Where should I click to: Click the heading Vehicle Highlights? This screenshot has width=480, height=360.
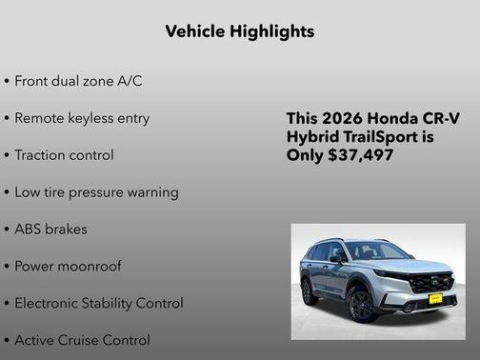pos(240,31)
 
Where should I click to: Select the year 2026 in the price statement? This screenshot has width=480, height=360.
pos(341,118)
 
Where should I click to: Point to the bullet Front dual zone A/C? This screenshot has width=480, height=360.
pos(77,81)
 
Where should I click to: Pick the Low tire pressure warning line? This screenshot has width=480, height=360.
pos(96,192)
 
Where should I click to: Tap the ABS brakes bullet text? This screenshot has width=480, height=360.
pos(53,230)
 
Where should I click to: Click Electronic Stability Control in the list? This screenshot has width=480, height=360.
pos(99,303)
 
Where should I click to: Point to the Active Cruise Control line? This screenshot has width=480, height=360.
pos(82,340)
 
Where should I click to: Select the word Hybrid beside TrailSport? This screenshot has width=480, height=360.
pos(313,136)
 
